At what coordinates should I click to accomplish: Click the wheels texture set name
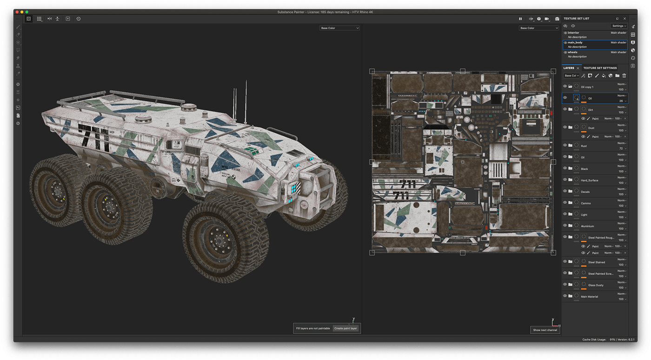coord(572,52)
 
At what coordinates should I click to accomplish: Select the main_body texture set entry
coord(575,42)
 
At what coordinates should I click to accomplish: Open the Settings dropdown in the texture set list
coord(619,26)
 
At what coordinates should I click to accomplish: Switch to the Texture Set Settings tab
coord(600,68)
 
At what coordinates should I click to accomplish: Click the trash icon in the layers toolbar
coord(624,75)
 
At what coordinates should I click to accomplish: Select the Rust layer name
coord(584,146)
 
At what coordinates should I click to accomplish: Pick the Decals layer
coord(585,192)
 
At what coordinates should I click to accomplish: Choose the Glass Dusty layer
coord(596,285)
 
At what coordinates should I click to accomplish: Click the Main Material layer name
coord(589,297)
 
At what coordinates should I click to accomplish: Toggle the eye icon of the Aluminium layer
coord(565,226)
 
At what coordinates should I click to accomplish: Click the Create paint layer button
coord(345,328)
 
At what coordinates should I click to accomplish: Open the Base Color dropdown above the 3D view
coord(340,28)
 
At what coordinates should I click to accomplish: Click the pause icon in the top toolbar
coord(520,19)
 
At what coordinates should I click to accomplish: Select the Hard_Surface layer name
coord(589,180)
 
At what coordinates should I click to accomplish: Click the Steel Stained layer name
coord(596,262)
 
